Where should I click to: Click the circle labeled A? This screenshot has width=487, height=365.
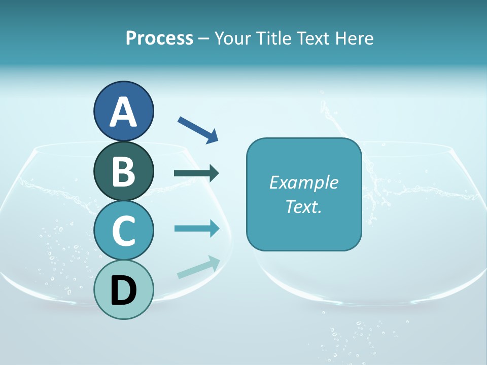coord(123,111)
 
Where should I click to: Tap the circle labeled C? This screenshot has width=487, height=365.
coord(123,230)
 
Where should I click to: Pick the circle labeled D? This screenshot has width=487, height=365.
coord(123,289)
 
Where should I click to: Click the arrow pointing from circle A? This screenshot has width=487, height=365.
coord(198,130)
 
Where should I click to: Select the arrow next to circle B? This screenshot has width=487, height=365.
coord(196,173)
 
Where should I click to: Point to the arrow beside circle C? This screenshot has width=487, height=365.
coord(197,228)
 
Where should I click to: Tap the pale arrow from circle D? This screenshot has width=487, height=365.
coord(198,267)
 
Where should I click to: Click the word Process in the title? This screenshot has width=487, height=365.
coord(159,38)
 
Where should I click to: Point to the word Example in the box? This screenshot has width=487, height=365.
coord(303,182)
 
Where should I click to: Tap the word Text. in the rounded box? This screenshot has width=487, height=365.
coord(303,206)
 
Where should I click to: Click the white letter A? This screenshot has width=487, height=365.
coord(123,112)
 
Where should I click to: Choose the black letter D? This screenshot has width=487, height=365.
coord(123,291)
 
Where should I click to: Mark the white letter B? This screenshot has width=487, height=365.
coord(123,171)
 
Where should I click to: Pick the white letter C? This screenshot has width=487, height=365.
coord(123,231)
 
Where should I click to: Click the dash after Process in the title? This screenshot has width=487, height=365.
coord(204,39)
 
